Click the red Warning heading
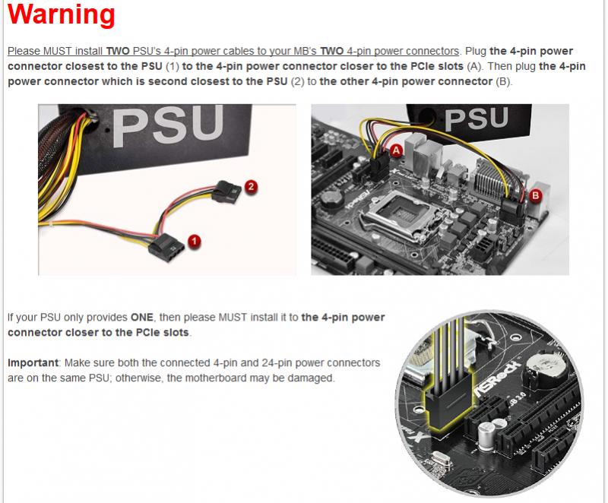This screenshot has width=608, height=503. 62,14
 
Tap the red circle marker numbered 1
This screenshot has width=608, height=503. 195,242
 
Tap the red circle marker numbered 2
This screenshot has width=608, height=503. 252,187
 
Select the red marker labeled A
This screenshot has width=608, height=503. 396,150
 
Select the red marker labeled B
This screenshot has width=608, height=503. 536,195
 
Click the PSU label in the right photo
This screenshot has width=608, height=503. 477,119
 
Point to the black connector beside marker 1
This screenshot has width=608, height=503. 166,247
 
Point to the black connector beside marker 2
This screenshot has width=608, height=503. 226,192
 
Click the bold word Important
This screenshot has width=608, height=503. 33,362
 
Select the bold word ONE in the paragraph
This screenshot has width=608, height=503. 142,318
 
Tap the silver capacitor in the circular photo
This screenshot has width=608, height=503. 487,435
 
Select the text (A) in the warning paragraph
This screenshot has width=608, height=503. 473,67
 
